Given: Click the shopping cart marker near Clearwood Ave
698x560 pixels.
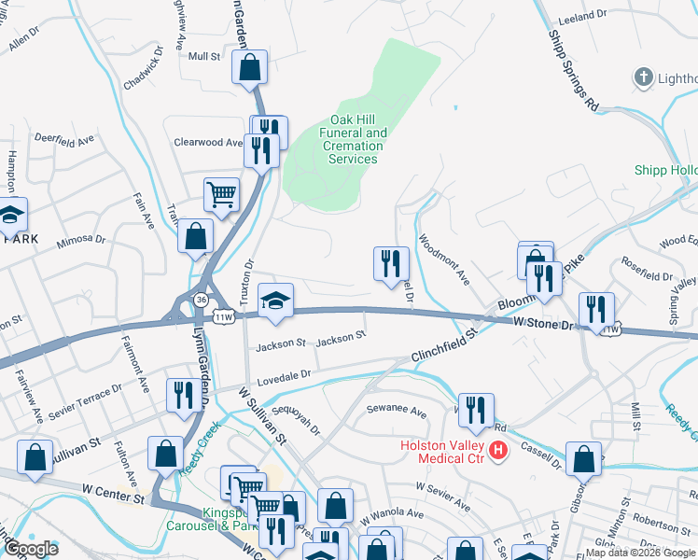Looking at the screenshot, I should click(222, 195).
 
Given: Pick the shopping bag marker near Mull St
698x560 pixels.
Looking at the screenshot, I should click(250, 67).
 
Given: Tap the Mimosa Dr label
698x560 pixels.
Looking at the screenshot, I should click(81, 240).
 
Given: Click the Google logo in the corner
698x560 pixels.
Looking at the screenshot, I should click(33, 549).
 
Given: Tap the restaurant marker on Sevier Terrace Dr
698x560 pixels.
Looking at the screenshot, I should click(180, 395).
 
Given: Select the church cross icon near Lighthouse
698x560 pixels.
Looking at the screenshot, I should click(644, 77).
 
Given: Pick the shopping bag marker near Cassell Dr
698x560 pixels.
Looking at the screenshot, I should click(583, 458).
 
